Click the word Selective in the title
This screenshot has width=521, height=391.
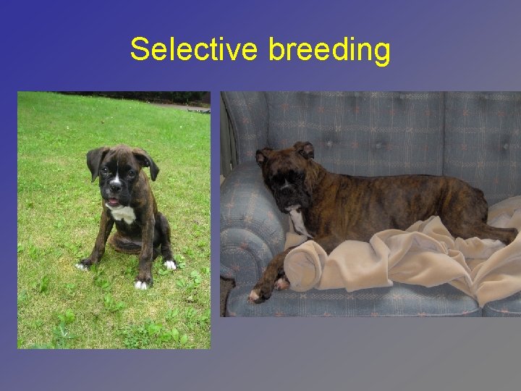(x=193, y=50)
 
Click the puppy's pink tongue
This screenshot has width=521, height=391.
(x=113, y=201)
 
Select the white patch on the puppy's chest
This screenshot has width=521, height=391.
(x=122, y=214)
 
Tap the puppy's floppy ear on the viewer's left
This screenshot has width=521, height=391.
(x=95, y=161)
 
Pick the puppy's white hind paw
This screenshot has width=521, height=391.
(x=171, y=265)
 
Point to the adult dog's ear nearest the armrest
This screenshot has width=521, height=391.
(x=263, y=156)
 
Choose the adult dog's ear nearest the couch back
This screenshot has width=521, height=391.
(x=305, y=149)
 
